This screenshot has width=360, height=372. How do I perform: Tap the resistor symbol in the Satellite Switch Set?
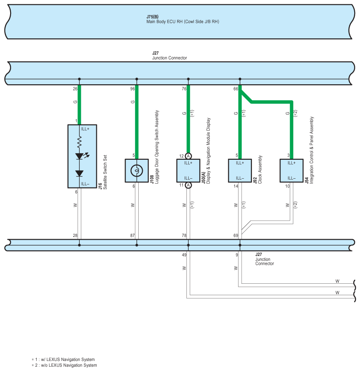[80, 142]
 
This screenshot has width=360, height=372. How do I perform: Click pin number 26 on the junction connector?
[75, 89]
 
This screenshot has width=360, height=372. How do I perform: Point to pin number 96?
[133, 89]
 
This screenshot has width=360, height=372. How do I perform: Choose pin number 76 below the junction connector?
[184, 89]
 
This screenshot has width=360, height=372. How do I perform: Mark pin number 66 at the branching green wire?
[236, 89]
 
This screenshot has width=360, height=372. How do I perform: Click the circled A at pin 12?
[188, 156]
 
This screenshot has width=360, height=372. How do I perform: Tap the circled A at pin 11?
[188, 185]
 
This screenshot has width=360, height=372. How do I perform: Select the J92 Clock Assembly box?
[240, 170]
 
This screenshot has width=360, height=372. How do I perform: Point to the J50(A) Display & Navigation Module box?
[188, 170]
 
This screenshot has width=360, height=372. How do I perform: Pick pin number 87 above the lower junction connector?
[133, 236]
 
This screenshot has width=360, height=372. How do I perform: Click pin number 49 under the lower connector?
[184, 255]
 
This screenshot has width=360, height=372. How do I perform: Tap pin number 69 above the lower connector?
[236, 236]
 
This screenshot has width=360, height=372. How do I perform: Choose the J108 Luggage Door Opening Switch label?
[154, 150]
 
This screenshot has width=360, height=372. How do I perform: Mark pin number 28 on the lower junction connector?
[75, 236]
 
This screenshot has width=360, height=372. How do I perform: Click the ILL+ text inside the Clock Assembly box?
[240, 163]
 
